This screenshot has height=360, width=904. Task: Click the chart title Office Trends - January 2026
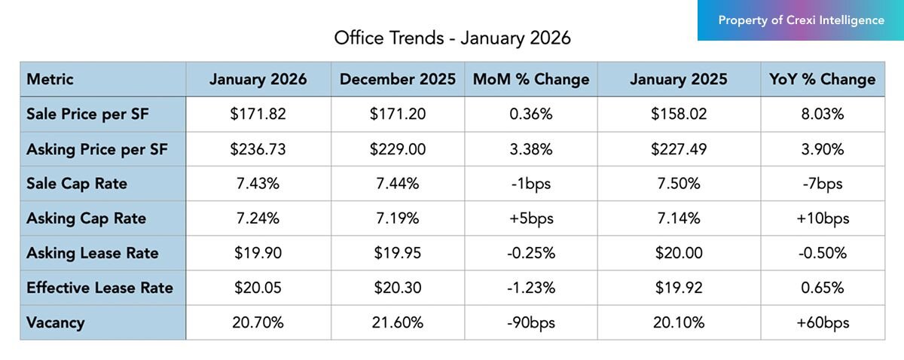click(452, 38)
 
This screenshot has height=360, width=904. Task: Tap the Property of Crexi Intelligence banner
click(801, 20)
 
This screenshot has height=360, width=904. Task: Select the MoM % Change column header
click(531, 79)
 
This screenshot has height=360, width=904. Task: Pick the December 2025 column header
click(398, 79)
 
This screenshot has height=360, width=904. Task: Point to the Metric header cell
click(50, 79)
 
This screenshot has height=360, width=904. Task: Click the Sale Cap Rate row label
click(77, 184)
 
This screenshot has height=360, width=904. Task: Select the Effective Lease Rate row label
click(99, 288)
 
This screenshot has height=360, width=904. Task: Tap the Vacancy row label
click(55, 322)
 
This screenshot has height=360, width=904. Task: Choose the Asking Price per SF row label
click(96, 149)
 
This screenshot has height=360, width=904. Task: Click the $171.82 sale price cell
click(258, 114)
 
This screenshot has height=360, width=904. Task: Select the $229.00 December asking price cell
click(398, 149)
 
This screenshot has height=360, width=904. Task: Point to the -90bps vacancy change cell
click(531, 322)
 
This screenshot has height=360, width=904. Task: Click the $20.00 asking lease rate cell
click(679, 253)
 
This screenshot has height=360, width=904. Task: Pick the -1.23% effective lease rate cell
click(531, 288)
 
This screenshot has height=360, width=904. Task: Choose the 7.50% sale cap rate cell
click(679, 184)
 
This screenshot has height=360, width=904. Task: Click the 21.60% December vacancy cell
click(398, 322)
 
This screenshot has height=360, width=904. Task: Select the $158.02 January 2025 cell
click(679, 114)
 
